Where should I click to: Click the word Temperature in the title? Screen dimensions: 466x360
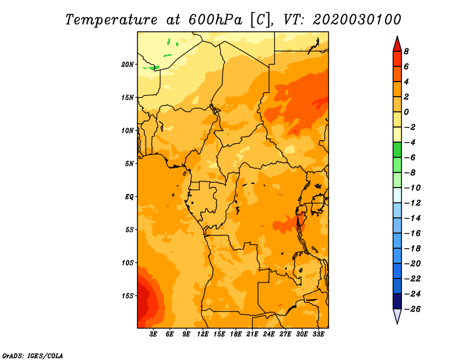click(x=111, y=20)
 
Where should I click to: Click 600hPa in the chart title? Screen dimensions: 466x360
click(x=215, y=20)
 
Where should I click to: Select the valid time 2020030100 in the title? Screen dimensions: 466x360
click(x=357, y=20)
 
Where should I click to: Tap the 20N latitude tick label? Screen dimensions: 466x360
click(x=128, y=65)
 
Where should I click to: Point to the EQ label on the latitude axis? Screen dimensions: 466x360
click(x=129, y=197)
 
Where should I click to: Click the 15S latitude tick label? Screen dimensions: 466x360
click(x=128, y=296)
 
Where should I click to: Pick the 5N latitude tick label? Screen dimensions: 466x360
click(x=129, y=164)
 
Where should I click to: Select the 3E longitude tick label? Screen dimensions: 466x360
click(x=153, y=334)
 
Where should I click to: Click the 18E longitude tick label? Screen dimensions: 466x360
click(x=236, y=334)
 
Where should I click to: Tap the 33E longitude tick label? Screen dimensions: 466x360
click(x=318, y=334)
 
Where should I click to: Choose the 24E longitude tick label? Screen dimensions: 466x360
click(x=269, y=334)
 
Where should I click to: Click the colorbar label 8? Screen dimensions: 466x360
click(x=406, y=51)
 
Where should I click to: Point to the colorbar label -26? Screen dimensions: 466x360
click(x=412, y=309)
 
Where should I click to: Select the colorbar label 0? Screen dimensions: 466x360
click(x=406, y=112)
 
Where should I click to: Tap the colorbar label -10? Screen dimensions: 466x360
click(x=412, y=188)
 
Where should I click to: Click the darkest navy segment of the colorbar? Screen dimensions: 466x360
click(x=397, y=301)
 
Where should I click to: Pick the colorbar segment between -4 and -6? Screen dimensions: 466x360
click(x=397, y=150)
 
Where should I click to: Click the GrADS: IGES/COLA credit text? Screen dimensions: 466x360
click(x=33, y=356)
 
